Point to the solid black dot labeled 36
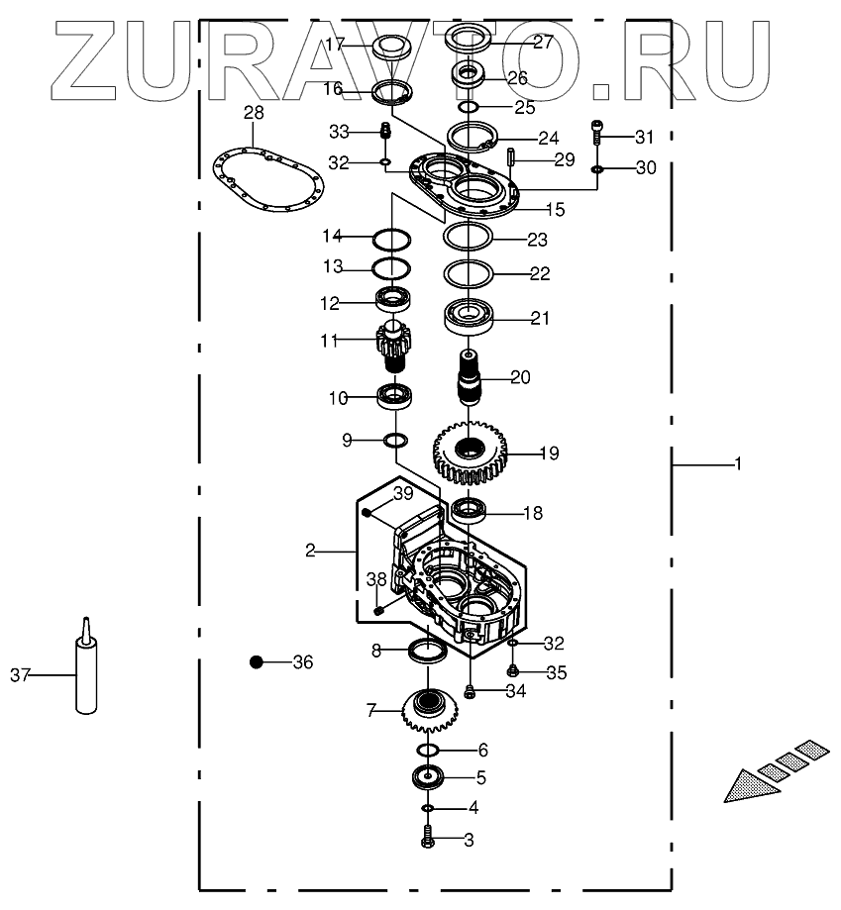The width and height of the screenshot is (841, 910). (257, 661)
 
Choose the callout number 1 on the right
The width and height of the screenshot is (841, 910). (737, 463)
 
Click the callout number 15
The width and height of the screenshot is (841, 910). (555, 209)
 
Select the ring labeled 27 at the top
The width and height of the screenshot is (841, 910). (470, 41)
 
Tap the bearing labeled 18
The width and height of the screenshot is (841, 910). (469, 511)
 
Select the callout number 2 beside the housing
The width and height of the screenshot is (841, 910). (310, 550)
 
